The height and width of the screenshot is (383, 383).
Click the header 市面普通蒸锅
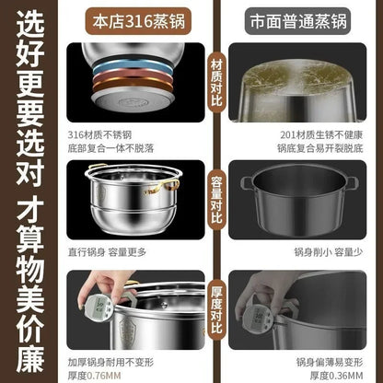click(305, 19)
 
